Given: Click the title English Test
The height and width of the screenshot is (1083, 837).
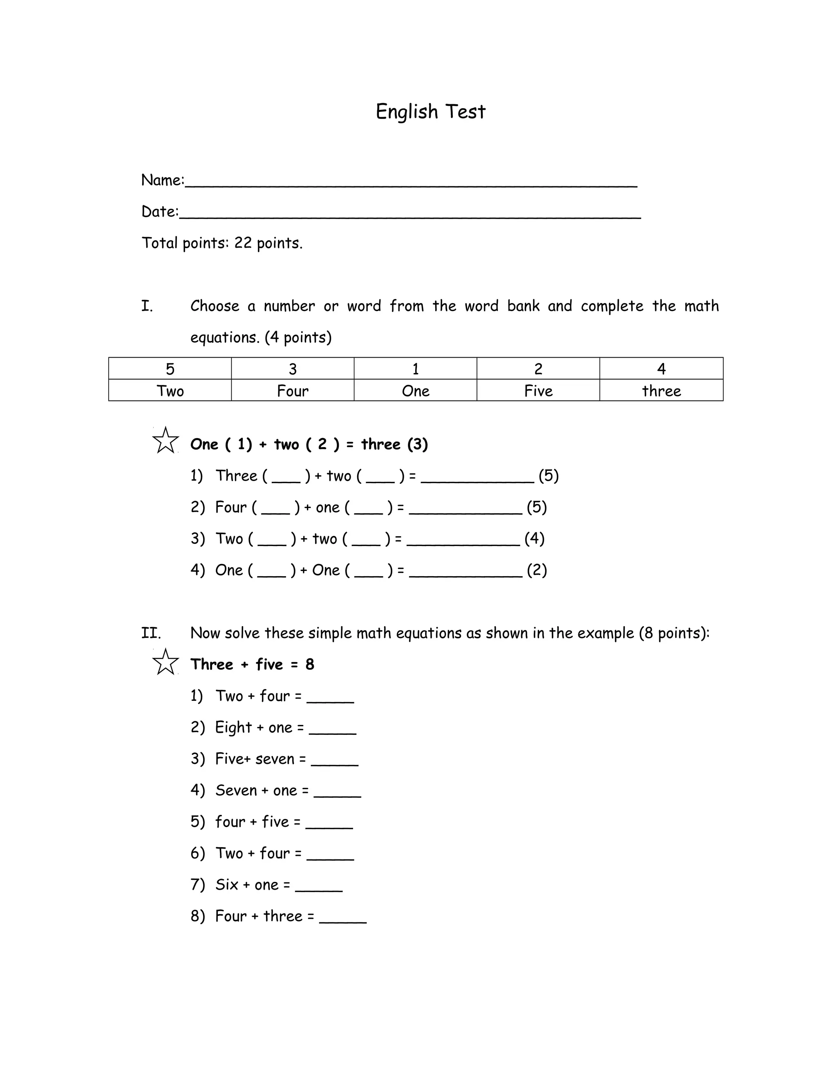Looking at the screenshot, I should click(x=430, y=112).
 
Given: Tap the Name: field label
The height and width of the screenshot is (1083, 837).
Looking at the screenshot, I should click(x=163, y=180).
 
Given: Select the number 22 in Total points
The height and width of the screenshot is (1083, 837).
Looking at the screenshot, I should click(x=243, y=243).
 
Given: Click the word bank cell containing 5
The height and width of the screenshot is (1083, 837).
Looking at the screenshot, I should click(x=170, y=369).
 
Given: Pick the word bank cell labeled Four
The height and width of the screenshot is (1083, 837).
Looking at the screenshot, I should click(x=293, y=391).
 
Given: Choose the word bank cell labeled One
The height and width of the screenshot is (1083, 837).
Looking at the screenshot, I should click(x=416, y=391).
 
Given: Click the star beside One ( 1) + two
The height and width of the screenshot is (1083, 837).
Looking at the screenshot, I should click(x=165, y=440).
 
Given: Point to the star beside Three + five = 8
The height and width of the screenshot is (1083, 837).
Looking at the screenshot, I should click(x=165, y=662).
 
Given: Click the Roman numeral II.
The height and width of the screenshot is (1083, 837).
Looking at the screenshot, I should click(x=151, y=633).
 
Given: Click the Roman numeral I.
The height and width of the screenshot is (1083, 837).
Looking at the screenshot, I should click(x=147, y=306).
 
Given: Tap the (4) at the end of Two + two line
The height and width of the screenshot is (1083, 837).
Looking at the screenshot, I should click(x=535, y=539).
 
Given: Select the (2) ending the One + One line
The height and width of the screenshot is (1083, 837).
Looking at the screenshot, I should click(x=537, y=570).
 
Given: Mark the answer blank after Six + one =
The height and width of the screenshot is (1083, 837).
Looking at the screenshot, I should click(x=318, y=886).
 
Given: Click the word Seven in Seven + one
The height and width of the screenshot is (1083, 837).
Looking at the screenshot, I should click(x=236, y=790).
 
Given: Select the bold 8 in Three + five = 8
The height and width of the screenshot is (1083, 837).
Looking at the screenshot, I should click(x=310, y=665).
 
